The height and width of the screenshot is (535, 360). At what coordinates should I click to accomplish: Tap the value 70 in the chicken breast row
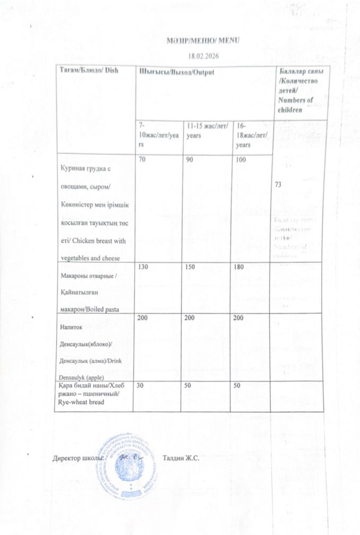(x=142, y=159)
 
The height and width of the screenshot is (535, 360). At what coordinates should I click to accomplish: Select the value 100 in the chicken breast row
(x=241, y=159)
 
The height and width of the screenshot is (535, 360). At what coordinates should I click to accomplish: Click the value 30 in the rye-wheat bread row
(x=142, y=386)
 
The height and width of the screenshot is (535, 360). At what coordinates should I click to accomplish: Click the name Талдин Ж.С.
(x=181, y=458)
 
